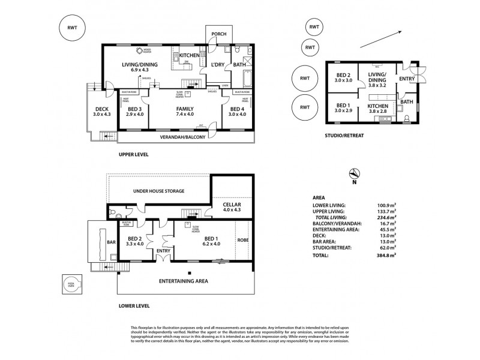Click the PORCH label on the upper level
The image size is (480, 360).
[x=219, y=34]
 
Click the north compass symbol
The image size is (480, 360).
[x=354, y=174]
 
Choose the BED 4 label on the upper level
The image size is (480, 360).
[x=238, y=111]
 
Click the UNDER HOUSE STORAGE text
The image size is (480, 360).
[x=158, y=191]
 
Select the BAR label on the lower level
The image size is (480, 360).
[x=111, y=242]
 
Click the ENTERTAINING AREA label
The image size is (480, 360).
[x=184, y=280]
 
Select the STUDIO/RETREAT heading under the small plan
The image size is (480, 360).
[x=344, y=136]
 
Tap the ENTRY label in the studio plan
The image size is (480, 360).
[x=407, y=79]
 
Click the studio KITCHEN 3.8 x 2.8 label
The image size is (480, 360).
[x=377, y=108]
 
